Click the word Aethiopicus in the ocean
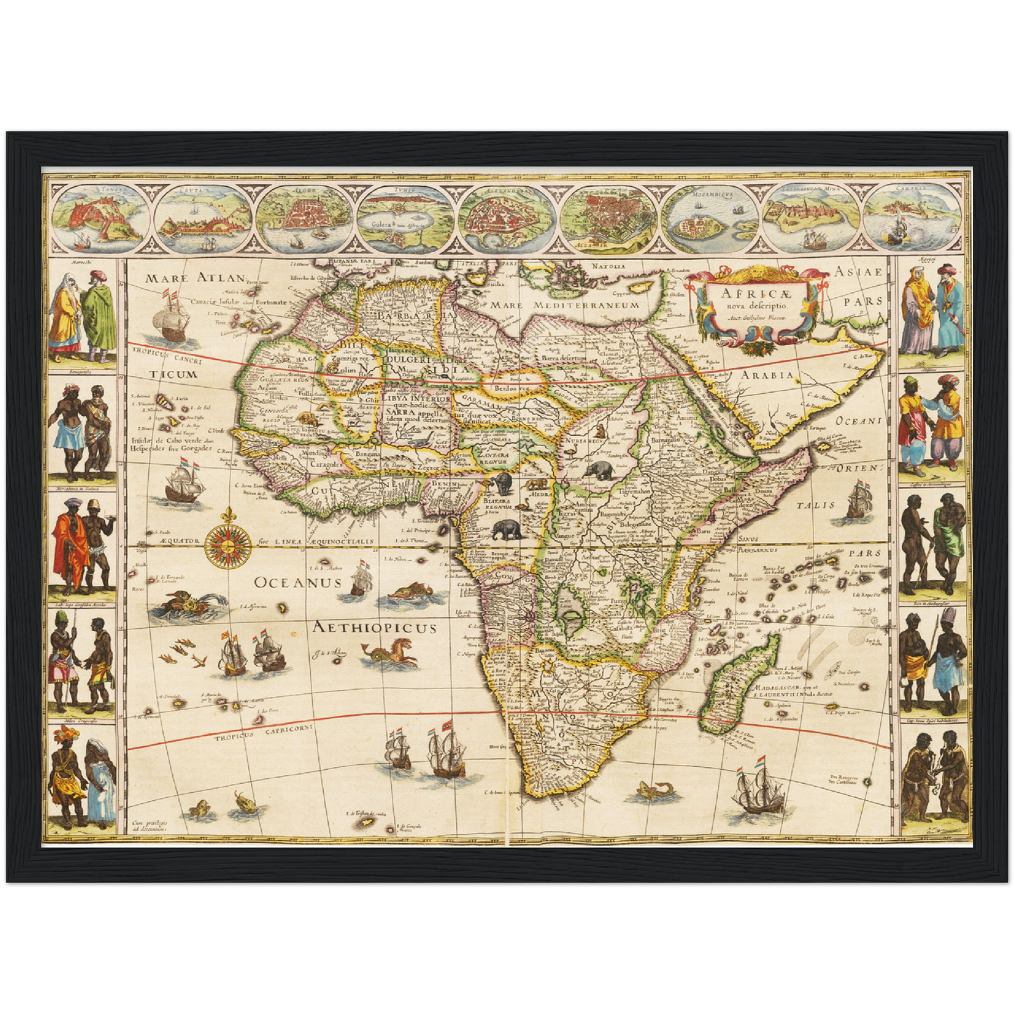pos(375,628)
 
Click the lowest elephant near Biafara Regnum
pos(507,530)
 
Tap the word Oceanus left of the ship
pos(298,582)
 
